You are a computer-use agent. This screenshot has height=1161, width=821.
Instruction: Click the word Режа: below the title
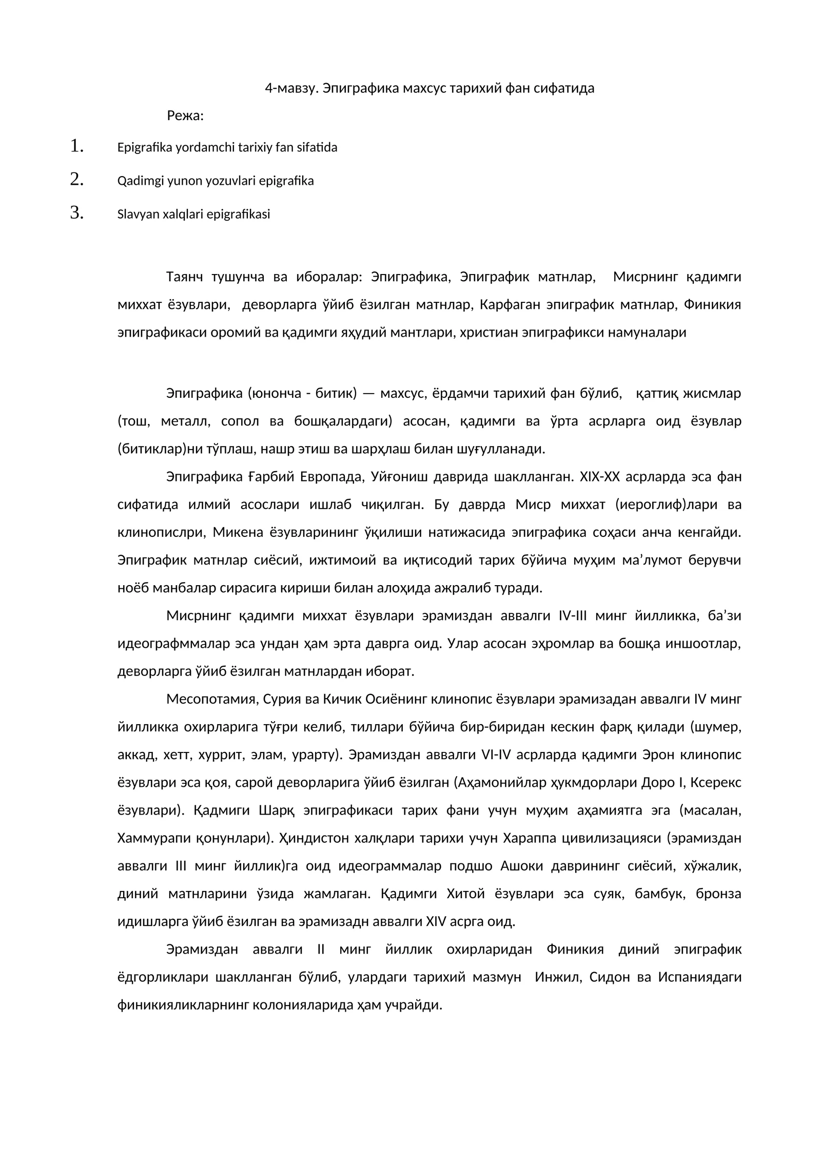coord(185,116)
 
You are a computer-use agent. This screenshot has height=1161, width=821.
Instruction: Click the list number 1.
coord(76,146)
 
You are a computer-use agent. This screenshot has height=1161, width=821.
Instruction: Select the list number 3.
coord(76,213)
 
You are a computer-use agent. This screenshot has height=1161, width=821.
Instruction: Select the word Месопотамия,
coord(212,699)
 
